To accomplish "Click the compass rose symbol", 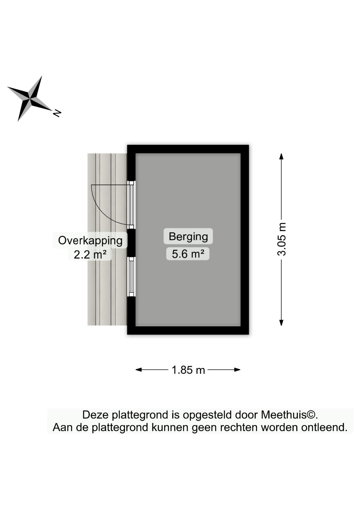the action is tap(30, 99).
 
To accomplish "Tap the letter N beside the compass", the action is tap(57, 113).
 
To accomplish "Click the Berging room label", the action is tap(188, 236).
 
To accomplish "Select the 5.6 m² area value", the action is tap(188, 254).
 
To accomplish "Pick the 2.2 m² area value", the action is tap(90, 254).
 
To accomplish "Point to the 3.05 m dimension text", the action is tap(282, 239).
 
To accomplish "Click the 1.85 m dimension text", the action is tap(188, 370).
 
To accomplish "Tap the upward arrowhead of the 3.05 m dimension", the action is tap(282, 156).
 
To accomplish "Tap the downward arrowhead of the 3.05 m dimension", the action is tap(282, 323).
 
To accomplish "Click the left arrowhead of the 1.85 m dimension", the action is tap(139, 370).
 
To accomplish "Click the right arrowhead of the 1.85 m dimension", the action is tap(237, 370).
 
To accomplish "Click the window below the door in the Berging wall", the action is tap(131, 277).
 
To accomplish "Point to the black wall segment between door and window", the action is tap(131, 243).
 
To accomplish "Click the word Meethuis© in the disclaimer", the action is tap(289, 415).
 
